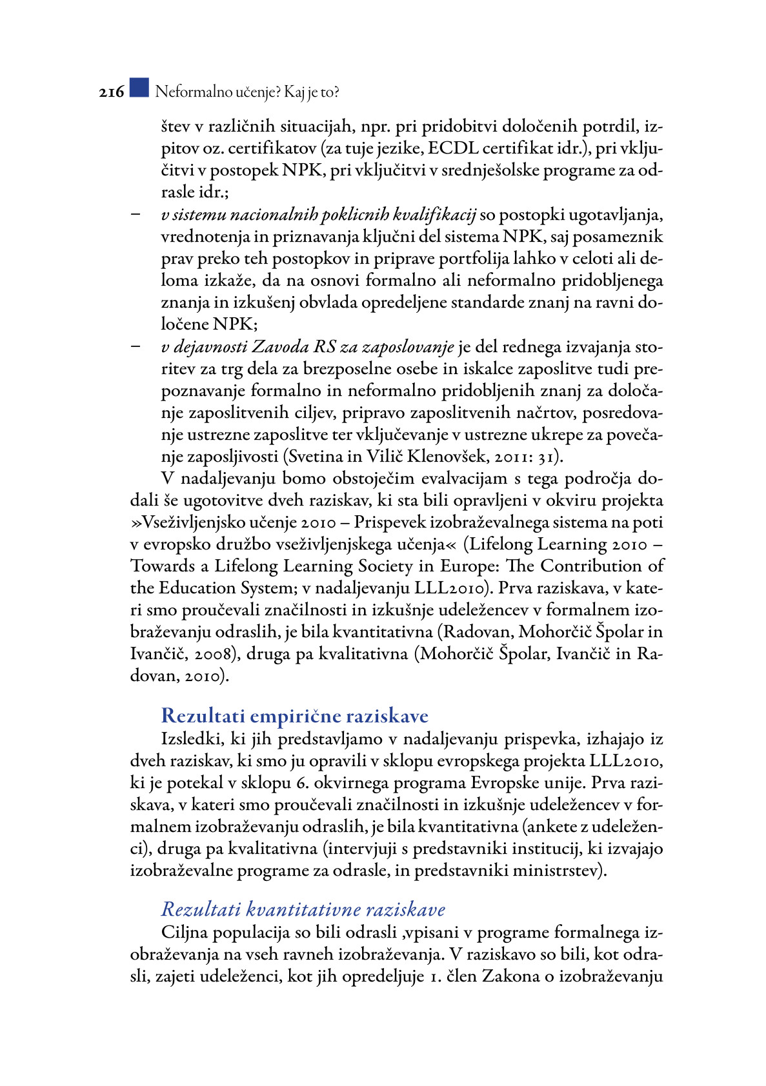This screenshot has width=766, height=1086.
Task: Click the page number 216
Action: coord(111,92)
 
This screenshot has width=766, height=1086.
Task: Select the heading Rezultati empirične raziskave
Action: coord(294,716)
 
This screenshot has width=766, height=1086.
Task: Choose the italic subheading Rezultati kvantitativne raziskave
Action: coord(303,909)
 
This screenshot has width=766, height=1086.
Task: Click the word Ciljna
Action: coord(185,933)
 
